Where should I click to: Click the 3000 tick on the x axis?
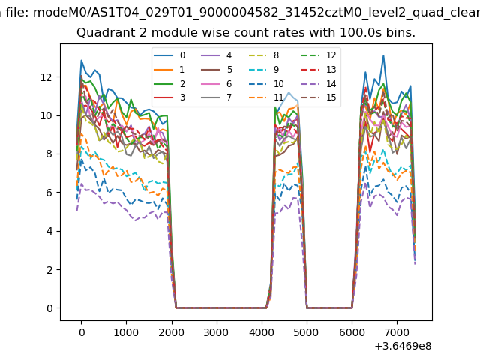[x=216, y=331]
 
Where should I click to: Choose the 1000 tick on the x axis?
[x=126, y=331]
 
